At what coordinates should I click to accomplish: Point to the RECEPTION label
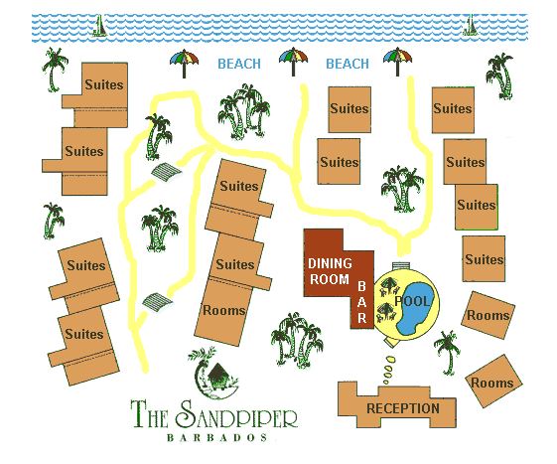click(402, 408)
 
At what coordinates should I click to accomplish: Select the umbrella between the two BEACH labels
click(294, 64)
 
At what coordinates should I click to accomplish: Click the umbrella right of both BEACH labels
click(398, 63)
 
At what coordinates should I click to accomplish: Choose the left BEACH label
click(239, 65)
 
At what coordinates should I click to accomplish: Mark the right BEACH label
click(348, 65)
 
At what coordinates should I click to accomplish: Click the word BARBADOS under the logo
click(213, 437)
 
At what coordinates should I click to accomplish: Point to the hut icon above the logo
click(215, 373)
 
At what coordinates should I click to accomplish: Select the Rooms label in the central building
click(223, 310)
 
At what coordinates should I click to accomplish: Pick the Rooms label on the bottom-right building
click(492, 383)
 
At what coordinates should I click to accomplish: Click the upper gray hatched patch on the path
click(167, 174)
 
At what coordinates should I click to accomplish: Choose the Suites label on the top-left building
click(104, 85)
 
